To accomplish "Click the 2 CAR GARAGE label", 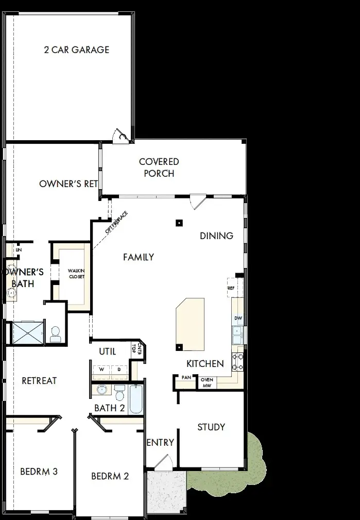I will click(x=76, y=50).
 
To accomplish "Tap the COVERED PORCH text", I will click(x=159, y=167).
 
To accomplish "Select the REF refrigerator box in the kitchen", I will click(x=231, y=288).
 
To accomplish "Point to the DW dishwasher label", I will click(x=238, y=318).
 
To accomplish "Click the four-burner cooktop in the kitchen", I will click(x=238, y=362).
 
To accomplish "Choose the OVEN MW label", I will click(x=207, y=382).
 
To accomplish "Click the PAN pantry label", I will click(x=185, y=378).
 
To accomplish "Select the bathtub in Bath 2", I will click(x=135, y=399).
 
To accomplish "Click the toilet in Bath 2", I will click(x=119, y=393).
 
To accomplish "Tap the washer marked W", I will click(x=101, y=370).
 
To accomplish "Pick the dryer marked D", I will click(x=119, y=370).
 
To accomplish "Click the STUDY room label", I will click(x=211, y=427).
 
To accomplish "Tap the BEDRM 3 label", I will click(x=39, y=471).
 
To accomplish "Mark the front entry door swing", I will click(x=164, y=462).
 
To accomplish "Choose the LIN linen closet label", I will click(x=19, y=249).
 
